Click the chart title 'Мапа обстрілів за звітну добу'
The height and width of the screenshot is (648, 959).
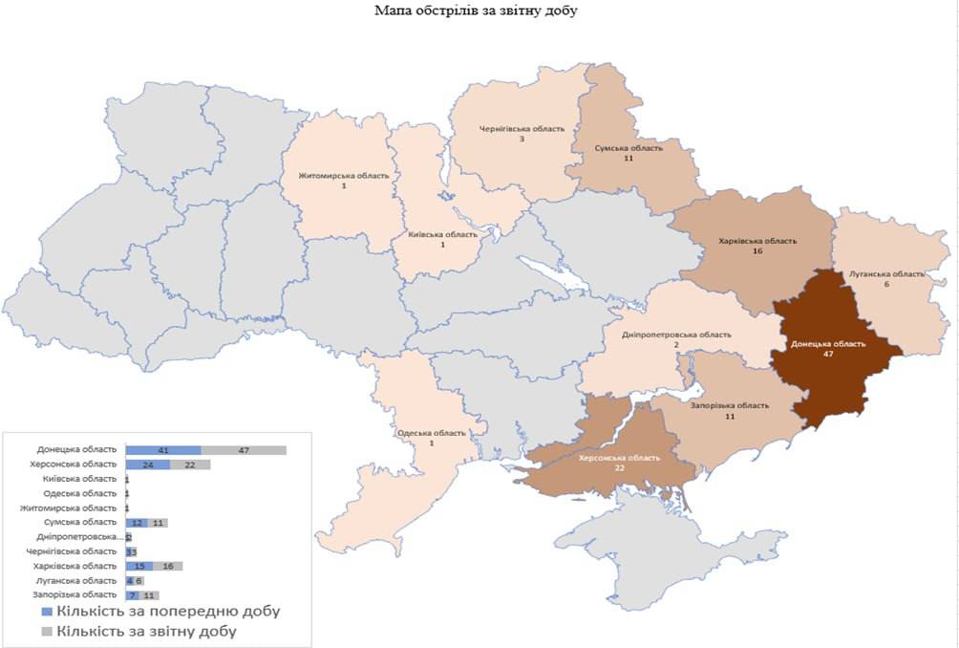479,11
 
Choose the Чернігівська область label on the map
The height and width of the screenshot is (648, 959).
522,128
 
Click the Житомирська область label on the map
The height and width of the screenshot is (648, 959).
344,176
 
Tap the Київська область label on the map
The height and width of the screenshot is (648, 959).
443,234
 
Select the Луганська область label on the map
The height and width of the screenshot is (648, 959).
887,273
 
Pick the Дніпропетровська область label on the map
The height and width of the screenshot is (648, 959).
676,335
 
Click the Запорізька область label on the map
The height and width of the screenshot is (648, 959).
729,405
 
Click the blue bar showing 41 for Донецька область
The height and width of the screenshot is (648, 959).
163,449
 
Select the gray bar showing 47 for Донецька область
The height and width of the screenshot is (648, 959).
244,449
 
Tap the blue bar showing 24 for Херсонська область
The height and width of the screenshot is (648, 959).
148,464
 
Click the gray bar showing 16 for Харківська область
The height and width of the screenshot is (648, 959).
167,566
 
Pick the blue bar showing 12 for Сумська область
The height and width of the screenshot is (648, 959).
138,523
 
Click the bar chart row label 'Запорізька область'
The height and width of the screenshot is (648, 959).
77,595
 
